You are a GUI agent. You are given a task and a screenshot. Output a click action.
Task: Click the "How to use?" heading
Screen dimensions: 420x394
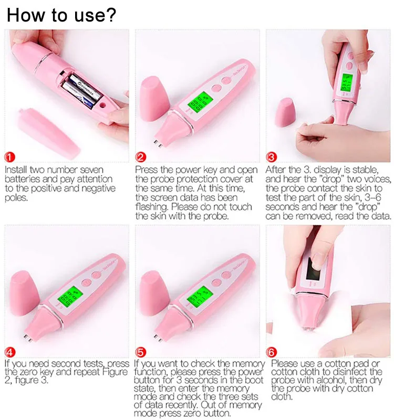(61, 15)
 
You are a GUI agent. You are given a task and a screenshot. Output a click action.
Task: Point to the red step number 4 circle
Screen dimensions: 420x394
(11, 352)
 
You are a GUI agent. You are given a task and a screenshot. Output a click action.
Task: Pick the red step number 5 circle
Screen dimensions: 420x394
(141, 352)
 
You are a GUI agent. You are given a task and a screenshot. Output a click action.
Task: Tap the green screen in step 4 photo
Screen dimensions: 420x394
(66, 299)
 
